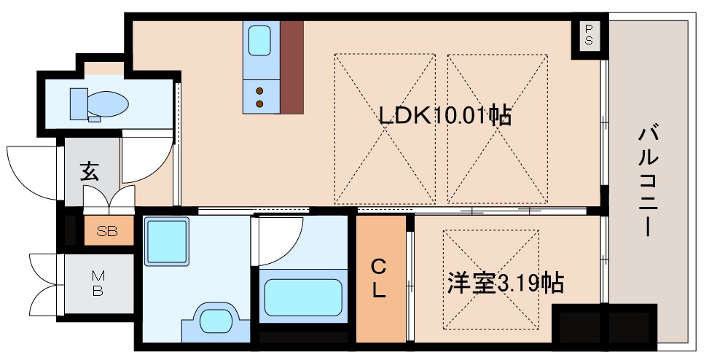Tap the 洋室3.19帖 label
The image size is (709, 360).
506,283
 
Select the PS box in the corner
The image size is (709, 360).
589,34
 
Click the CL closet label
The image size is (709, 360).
380,278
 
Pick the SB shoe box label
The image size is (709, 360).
108,232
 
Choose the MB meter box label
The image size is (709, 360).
98,283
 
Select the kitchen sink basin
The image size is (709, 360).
260,40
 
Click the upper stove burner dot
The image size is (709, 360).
259,90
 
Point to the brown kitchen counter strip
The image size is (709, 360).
291,66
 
